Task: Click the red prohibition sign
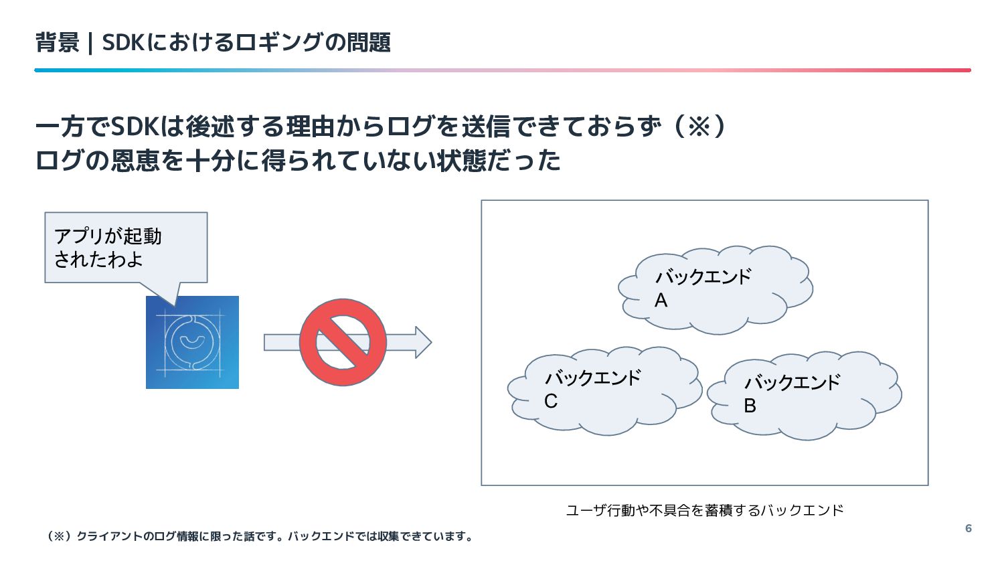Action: pyautogui.click(x=343, y=342)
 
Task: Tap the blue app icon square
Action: pyautogui.click(x=192, y=342)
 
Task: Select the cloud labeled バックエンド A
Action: pyautogui.click(x=714, y=289)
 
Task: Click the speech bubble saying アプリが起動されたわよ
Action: pyautogui.click(x=126, y=248)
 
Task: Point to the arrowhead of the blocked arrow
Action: pyautogui.click(x=423, y=342)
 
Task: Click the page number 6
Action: pyautogui.click(x=968, y=528)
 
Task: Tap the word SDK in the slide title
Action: pyautogui.click(x=123, y=43)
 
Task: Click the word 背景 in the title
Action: pyautogui.click(x=57, y=43)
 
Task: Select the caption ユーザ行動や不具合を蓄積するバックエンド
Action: pyautogui.click(x=704, y=510)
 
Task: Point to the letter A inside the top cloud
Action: pyautogui.click(x=661, y=301)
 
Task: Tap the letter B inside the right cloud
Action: pyautogui.click(x=750, y=406)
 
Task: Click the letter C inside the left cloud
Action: pyautogui.click(x=550, y=401)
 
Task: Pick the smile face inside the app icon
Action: pyautogui.click(x=192, y=342)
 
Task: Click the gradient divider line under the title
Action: pyautogui.click(x=502, y=70)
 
